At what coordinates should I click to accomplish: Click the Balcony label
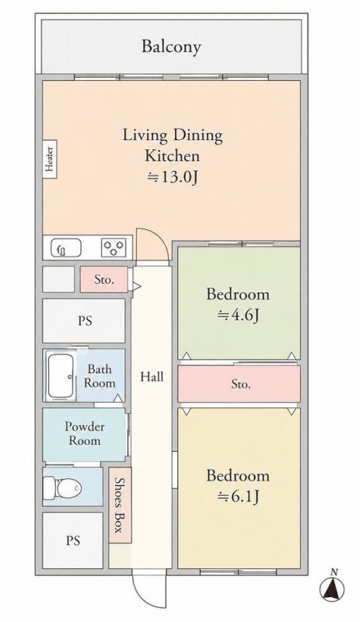[171, 47]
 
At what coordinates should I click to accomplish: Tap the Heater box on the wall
[49, 159]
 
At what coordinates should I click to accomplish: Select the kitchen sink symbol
[66, 248]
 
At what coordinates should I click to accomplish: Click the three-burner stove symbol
[114, 248]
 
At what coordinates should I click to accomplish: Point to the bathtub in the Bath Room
[61, 376]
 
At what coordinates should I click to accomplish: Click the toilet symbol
[62, 487]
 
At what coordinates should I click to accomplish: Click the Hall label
[152, 376]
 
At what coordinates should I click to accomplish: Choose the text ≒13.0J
[173, 177]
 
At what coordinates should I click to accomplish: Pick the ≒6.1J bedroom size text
[238, 496]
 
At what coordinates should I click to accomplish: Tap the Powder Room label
[85, 434]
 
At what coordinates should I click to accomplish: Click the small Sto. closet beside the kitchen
[104, 280]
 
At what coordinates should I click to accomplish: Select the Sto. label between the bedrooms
[241, 384]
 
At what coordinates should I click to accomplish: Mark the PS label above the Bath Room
[85, 320]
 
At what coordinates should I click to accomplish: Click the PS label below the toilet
[73, 540]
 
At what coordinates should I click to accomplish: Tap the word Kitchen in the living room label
[172, 155]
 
